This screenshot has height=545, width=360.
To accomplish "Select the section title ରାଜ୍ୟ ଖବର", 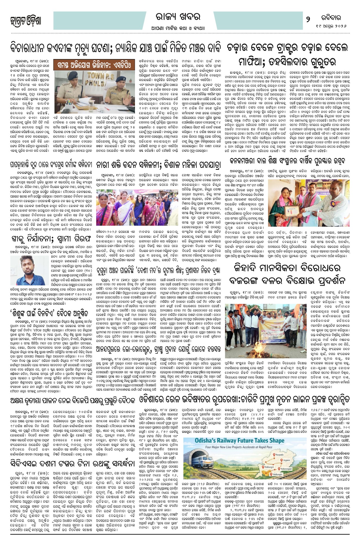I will click(178, 17).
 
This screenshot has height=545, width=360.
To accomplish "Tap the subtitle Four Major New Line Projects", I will click(239, 447).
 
